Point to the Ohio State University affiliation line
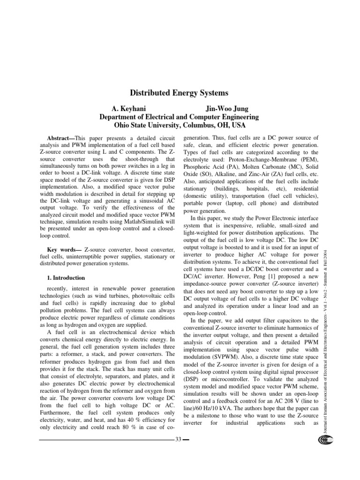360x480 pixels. (180, 125)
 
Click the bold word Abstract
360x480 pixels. (60, 140)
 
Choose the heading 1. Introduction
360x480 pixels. (66, 277)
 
